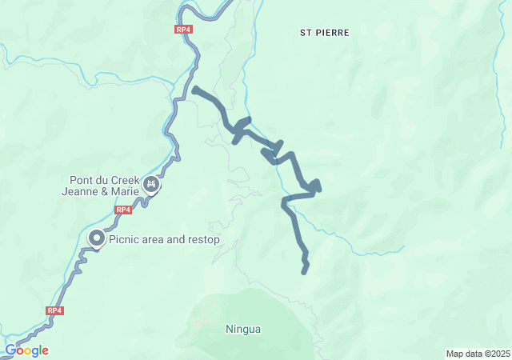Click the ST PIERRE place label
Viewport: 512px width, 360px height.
325,33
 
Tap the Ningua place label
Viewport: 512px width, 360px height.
243,329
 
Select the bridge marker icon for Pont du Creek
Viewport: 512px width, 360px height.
151,186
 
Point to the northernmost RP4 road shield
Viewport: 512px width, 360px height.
184,30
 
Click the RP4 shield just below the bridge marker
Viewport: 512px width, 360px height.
122,210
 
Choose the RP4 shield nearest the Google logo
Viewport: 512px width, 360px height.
54,310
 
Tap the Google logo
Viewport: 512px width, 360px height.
27,350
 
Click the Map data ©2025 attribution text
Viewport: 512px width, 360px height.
478,354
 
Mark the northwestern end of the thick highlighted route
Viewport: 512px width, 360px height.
195,89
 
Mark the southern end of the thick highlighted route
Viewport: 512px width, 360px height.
304,272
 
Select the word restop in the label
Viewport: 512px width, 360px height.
203,239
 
